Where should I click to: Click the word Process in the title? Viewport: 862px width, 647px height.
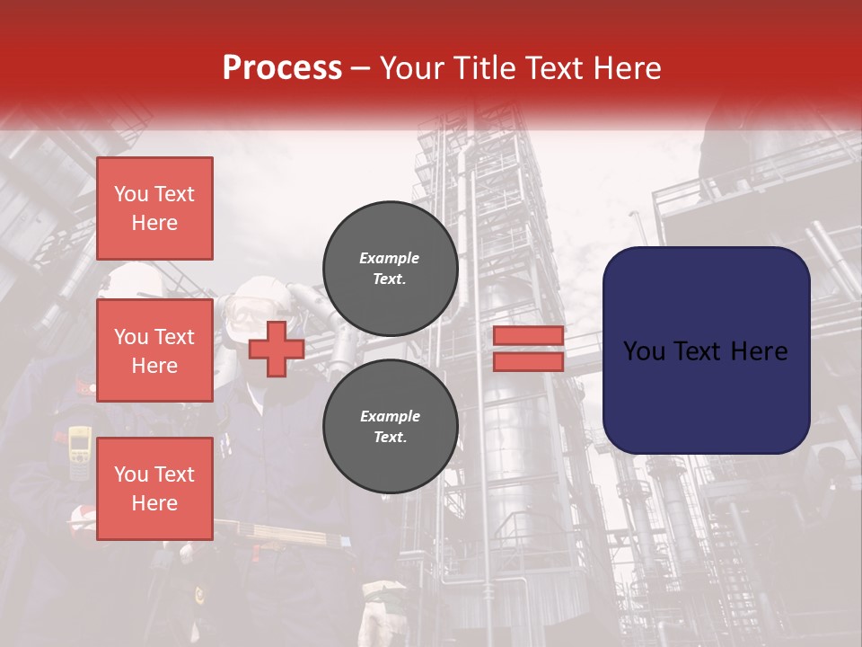(282, 68)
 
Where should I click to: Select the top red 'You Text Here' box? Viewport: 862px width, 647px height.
(154, 208)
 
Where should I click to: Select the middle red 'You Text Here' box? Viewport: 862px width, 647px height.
(154, 350)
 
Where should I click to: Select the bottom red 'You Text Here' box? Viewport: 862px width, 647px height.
(154, 489)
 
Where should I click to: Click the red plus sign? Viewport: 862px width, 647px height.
(277, 350)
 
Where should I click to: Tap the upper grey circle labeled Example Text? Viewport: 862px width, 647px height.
(390, 269)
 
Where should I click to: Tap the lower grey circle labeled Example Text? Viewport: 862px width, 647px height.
(390, 427)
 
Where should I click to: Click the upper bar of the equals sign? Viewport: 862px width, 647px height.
(529, 336)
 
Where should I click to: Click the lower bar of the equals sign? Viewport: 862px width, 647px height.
(529, 362)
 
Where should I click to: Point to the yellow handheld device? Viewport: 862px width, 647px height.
(80, 449)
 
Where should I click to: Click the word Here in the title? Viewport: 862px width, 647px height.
(628, 68)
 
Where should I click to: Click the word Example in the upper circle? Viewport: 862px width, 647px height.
(390, 259)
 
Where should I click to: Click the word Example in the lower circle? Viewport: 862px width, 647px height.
(390, 417)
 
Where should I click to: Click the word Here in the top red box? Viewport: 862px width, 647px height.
(154, 223)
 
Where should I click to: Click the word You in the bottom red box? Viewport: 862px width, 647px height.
(131, 474)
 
